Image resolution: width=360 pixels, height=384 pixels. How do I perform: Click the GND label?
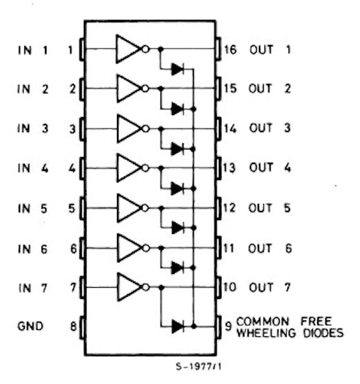pyautogui.click(x=30, y=326)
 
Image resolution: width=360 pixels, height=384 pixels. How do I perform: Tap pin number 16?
pyautogui.click(x=231, y=50)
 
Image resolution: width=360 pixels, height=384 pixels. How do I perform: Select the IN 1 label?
pyautogui.click(x=33, y=51)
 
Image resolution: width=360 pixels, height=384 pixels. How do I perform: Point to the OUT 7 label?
pyautogui.click(x=269, y=287)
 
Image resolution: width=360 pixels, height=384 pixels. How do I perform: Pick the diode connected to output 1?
pyautogui.click(x=178, y=69)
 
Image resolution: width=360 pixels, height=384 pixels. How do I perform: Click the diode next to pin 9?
pyautogui.click(x=178, y=326)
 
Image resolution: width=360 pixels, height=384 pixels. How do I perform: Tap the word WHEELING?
pyautogui.click(x=267, y=333)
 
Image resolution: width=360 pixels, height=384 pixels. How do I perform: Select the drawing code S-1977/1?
pyautogui.click(x=199, y=367)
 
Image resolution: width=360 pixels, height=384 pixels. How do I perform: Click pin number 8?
pyautogui.click(x=73, y=326)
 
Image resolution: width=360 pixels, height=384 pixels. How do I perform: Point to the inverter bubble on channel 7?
pyautogui.click(x=146, y=287)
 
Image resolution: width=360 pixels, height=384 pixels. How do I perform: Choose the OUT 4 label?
pyautogui.click(x=270, y=167)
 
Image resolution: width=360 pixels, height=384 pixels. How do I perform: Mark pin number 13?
pyautogui.click(x=230, y=167)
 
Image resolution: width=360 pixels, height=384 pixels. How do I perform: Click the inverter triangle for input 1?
pyautogui.click(x=128, y=49)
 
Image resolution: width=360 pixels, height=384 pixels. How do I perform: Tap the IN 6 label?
pyautogui.click(x=33, y=249)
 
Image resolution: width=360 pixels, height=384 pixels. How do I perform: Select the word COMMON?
pyautogui.click(x=262, y=321)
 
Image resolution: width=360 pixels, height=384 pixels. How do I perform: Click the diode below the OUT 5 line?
pyautogui.click(x=178, y=228)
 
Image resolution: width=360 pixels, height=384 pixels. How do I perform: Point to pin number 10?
pyautogui.click(x=230, y=287)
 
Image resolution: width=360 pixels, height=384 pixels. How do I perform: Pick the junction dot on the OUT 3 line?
pyautogui.click(x=161, y=129)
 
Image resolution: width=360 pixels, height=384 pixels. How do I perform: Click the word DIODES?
pyautogui.click(x=323, y=333)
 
